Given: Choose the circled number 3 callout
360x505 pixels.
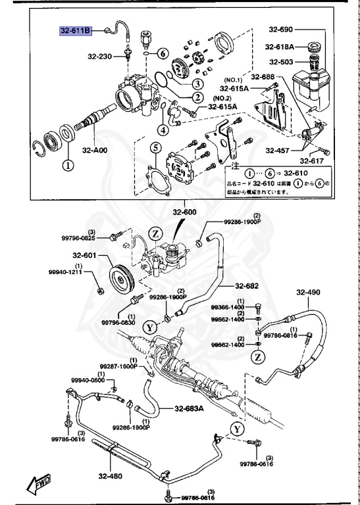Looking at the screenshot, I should click(x=196, y=84).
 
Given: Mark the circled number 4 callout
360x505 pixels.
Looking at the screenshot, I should click(x=162, y=130).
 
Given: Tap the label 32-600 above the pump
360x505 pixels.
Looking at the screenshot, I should click(x=186, y=212).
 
